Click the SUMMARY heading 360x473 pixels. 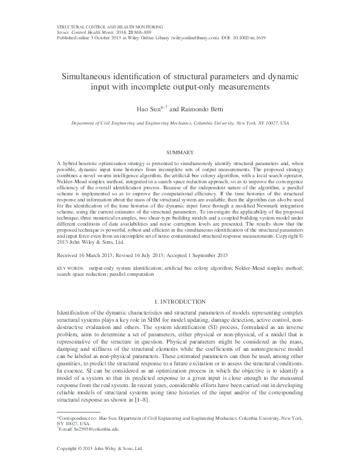[x=179, y=152]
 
